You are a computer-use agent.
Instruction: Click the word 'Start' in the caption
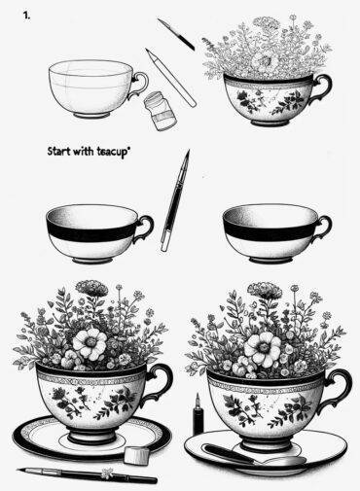61,153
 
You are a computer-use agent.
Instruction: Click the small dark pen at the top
176,33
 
